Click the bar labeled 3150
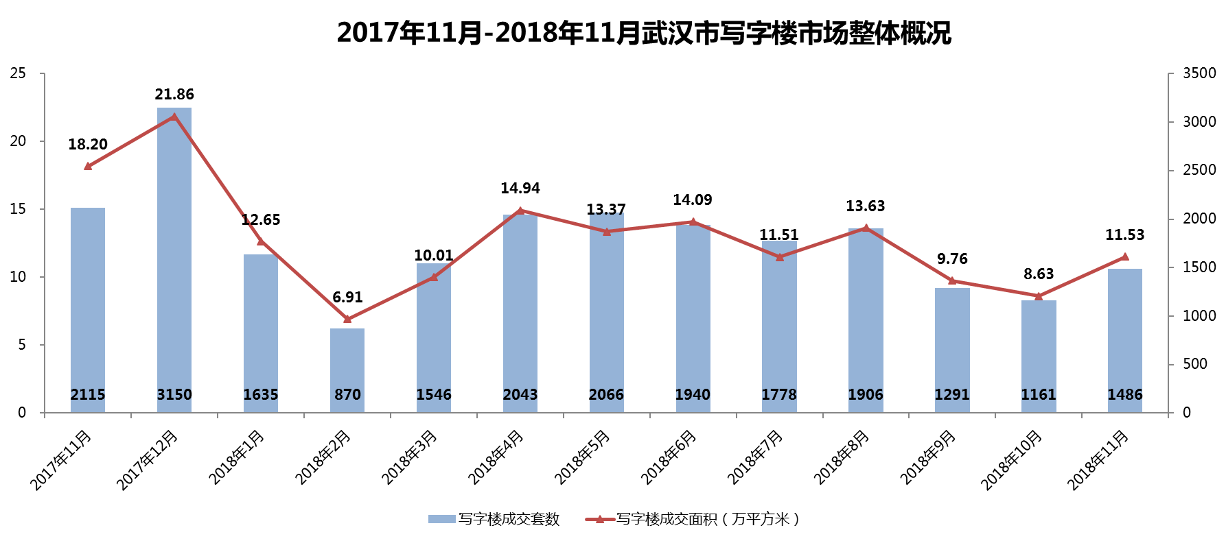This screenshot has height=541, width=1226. (x=174, y=261)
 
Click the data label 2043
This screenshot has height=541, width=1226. (x=520, y=395)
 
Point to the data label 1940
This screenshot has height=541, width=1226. (x=693, y=395)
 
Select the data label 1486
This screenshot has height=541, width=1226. (x=1125, y=395)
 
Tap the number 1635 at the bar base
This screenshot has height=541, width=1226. (x=261, y=395)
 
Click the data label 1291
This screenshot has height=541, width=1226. (x=952, y=395)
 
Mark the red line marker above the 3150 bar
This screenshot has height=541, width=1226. (x=174, y=117)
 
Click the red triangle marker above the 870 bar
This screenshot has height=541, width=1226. (x=347, y=319)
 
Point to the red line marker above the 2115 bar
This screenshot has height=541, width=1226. (x=88, y=166)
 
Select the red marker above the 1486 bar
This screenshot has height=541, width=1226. (x=1125, y=256)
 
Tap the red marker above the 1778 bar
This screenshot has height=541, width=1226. (x=779, y=257)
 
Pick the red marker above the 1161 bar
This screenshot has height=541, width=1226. (x=1039, y=296)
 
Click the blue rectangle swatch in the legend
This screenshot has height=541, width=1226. (x=442, y=519)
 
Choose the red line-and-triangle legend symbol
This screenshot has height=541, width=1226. (x=600, y=519)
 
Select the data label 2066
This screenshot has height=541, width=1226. (x=607, y=395)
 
